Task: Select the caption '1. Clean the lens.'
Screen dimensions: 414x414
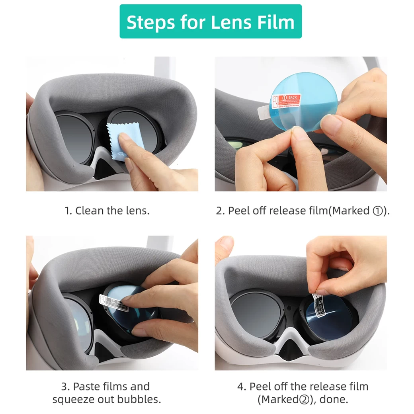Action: click(x=107, y=211)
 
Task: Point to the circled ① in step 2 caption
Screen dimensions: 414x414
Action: click(x=377, y=211)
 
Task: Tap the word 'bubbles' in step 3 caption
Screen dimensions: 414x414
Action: click(x=142, y=399)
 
